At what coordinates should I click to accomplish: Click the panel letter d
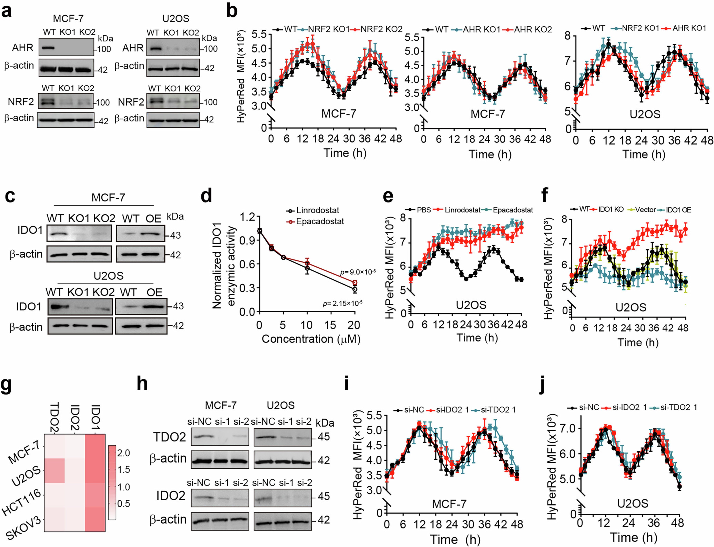pyautogui.click(x=206, y=196)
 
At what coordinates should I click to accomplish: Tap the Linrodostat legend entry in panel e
pyautogui.click(x=462, y=210)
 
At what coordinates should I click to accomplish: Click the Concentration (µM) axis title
pyautogui.click(x=311, y=339)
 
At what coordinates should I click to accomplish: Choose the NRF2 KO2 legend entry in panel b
pyautogui.click(x=381, y=29)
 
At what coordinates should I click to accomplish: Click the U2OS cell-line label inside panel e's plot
pyautogui.click(x=471, y=305)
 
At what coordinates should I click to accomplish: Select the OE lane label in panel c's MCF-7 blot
pyautogui.click(x=153, y=219)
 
